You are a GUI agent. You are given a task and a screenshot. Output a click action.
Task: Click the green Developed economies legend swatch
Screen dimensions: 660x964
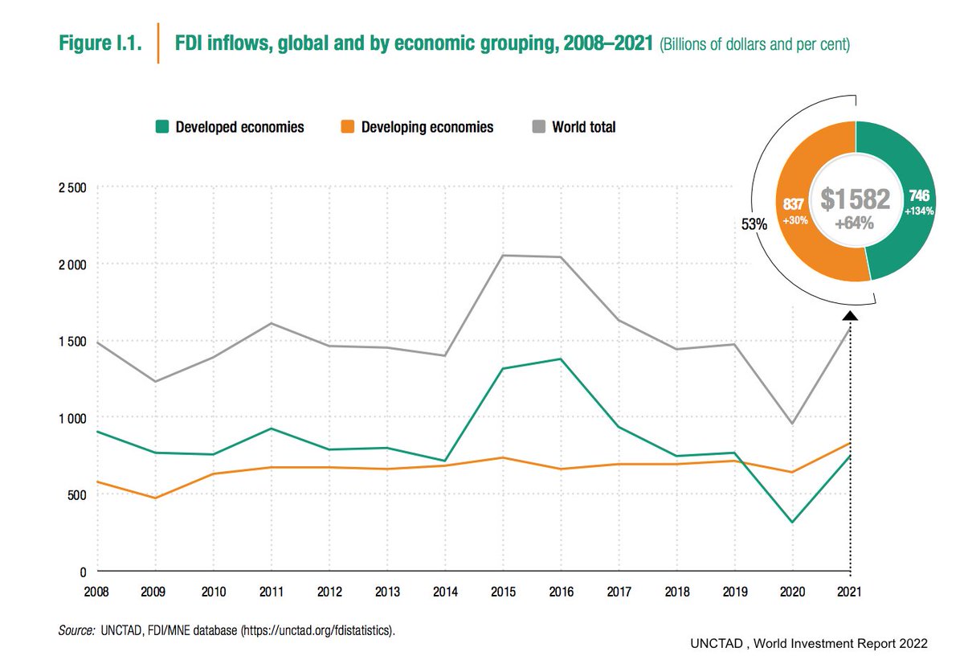(161, 127)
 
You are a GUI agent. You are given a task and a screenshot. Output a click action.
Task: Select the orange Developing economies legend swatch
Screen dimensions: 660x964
(347, 127)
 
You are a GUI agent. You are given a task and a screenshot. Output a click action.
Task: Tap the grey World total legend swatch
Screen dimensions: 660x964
(537, 127)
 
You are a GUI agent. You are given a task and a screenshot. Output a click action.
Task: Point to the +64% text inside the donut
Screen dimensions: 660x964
(855, 223)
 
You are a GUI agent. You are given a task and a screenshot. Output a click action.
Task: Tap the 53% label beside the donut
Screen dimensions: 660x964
(754, 225)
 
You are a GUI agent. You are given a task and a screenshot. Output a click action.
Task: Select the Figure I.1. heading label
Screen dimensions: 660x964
(100, 44)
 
